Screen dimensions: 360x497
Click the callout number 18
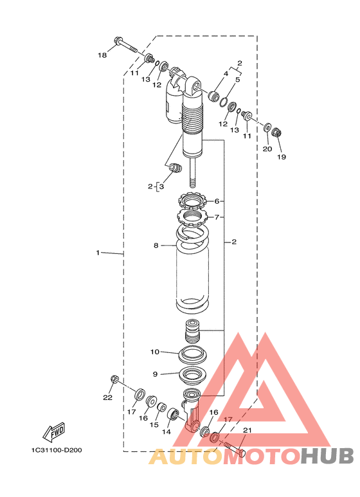pos(102,55)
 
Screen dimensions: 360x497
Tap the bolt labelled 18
pos(125,46)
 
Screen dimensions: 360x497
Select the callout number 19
pos(282,157)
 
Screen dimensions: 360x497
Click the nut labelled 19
pos(277,132)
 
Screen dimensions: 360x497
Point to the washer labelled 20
pos(267,127)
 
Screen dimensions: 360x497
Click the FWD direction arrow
pos(54,432)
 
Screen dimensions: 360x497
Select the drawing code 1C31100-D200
pos(57,450)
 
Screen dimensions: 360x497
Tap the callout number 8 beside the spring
pos(156,246)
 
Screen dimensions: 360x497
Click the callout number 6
pos(217,201)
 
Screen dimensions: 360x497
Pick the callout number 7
pos(217,217)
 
